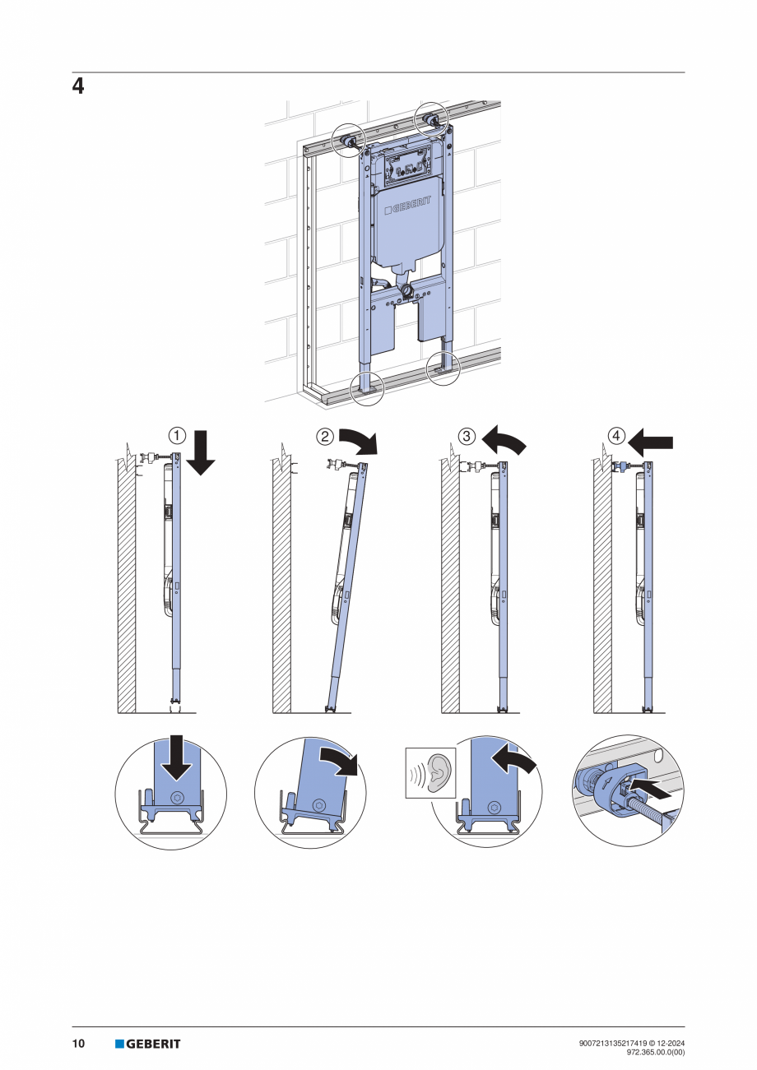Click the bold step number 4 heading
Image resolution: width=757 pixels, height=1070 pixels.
(x=78, y=86)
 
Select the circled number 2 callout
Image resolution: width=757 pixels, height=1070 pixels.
(x=326, y=437)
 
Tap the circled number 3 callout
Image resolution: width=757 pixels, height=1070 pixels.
(x=467, y=435)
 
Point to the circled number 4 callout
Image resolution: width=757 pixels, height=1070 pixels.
(x=616, y=435)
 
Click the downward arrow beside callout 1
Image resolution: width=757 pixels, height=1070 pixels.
(x=201, y=454)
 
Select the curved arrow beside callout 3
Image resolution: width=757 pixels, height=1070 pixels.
(x=504, y=442)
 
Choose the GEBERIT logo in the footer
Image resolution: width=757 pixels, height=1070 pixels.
(x=148, y=1044)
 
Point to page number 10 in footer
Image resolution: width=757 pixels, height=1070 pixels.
(x=78, y=1044)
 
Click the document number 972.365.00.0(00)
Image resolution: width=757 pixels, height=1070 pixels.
(x=655, y=1051)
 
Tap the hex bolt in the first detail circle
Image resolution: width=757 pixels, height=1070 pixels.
(x=179, y=798)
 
